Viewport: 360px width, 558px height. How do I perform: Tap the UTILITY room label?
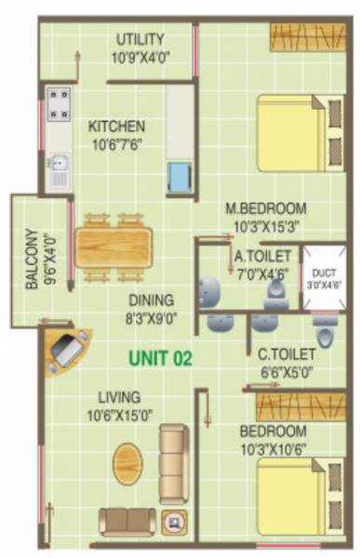point(140,38)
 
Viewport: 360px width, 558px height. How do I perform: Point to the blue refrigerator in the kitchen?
point(179,174)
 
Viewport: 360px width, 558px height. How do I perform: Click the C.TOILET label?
point(286,353)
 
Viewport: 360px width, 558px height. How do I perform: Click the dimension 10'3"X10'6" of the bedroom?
point(273,447)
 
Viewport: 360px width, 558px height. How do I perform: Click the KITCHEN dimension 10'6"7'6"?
point(116,143)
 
